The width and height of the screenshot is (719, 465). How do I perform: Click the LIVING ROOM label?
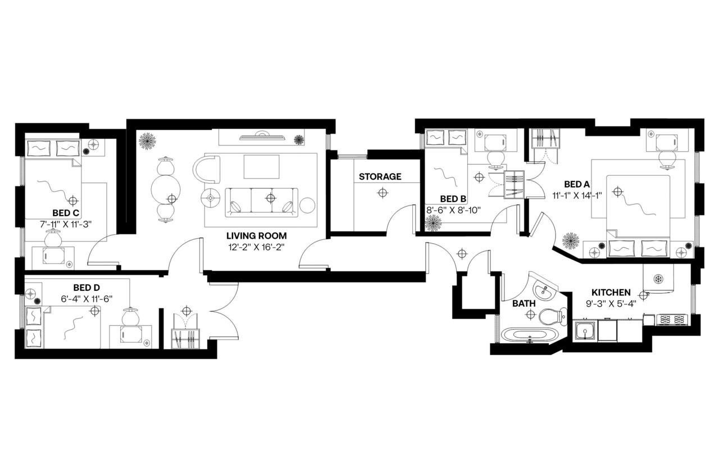click(256, 236)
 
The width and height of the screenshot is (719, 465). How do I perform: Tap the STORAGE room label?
click(380, 177)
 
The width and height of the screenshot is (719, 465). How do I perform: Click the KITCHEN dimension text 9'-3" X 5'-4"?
click(611, 304)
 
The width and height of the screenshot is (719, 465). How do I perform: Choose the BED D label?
click(86, 288)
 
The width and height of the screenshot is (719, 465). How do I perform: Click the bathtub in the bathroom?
click(527, 336)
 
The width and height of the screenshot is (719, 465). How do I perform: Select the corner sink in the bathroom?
click(543, 290)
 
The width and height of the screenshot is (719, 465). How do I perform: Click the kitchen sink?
click(585, 331)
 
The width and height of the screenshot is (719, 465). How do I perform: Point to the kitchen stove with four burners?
click(672, 320)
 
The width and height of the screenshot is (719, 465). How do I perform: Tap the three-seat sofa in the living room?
click(262, 202)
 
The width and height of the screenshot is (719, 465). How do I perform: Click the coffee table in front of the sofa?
click(261, 166)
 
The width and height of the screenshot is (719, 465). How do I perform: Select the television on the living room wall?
click(262, 135)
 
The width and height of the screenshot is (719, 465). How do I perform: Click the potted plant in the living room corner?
click(148, 140)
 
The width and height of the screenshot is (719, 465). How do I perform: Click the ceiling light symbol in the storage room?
click(383, 193)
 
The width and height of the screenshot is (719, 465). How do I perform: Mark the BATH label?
click(524, 303)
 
